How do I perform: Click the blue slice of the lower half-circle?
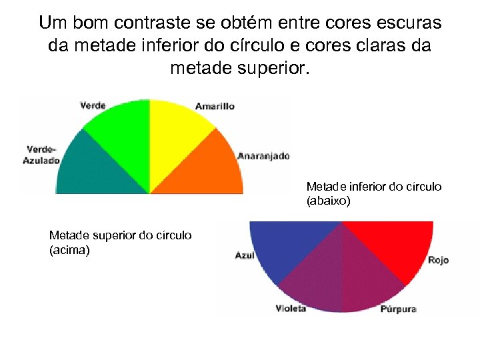pos(287,247)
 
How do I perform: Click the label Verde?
pos(93,105)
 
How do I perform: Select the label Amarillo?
pos(215,107)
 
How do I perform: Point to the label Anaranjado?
pos(263,156)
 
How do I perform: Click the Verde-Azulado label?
pos(42,155)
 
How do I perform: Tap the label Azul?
pos(245,256)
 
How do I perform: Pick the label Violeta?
pos(291,308)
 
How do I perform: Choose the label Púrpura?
pos(399,309)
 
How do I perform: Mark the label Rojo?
pos(438,260)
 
